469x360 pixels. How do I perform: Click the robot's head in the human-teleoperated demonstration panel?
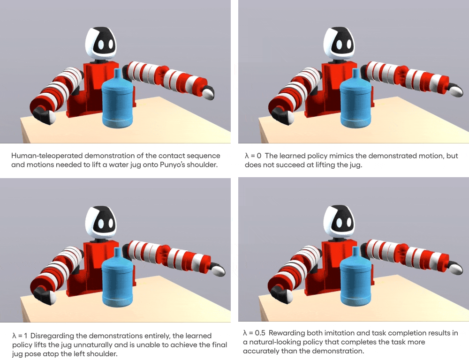tap(100, 44)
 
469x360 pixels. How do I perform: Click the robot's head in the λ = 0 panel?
tap(339, 44)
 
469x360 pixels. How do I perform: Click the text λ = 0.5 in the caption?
tap(254, 333)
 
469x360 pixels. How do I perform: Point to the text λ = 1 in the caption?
tap(20, 336)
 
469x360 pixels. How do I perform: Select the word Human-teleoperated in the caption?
tap(47, 156)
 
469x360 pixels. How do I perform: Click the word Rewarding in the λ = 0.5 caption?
tap(285, 333)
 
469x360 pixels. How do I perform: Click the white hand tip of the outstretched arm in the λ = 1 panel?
tap(219, 271)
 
